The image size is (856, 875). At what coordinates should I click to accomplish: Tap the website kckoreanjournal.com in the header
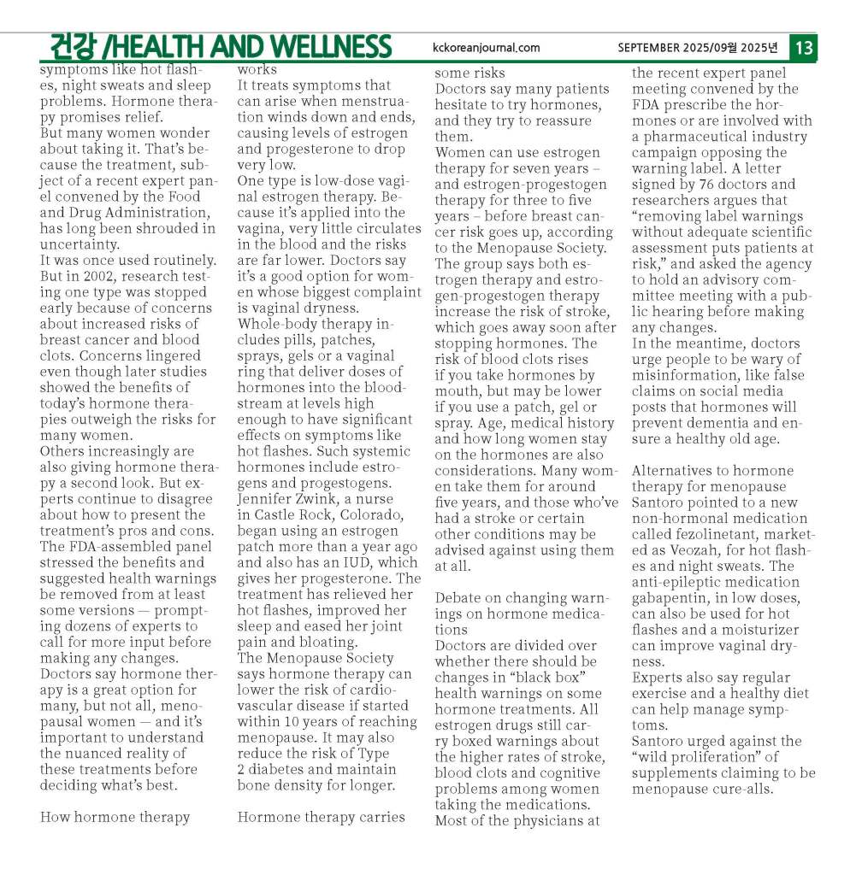(487, 48)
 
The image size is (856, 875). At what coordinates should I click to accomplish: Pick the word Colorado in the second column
(373, 514)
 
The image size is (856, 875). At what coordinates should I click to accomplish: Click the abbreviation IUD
(358, 562)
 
